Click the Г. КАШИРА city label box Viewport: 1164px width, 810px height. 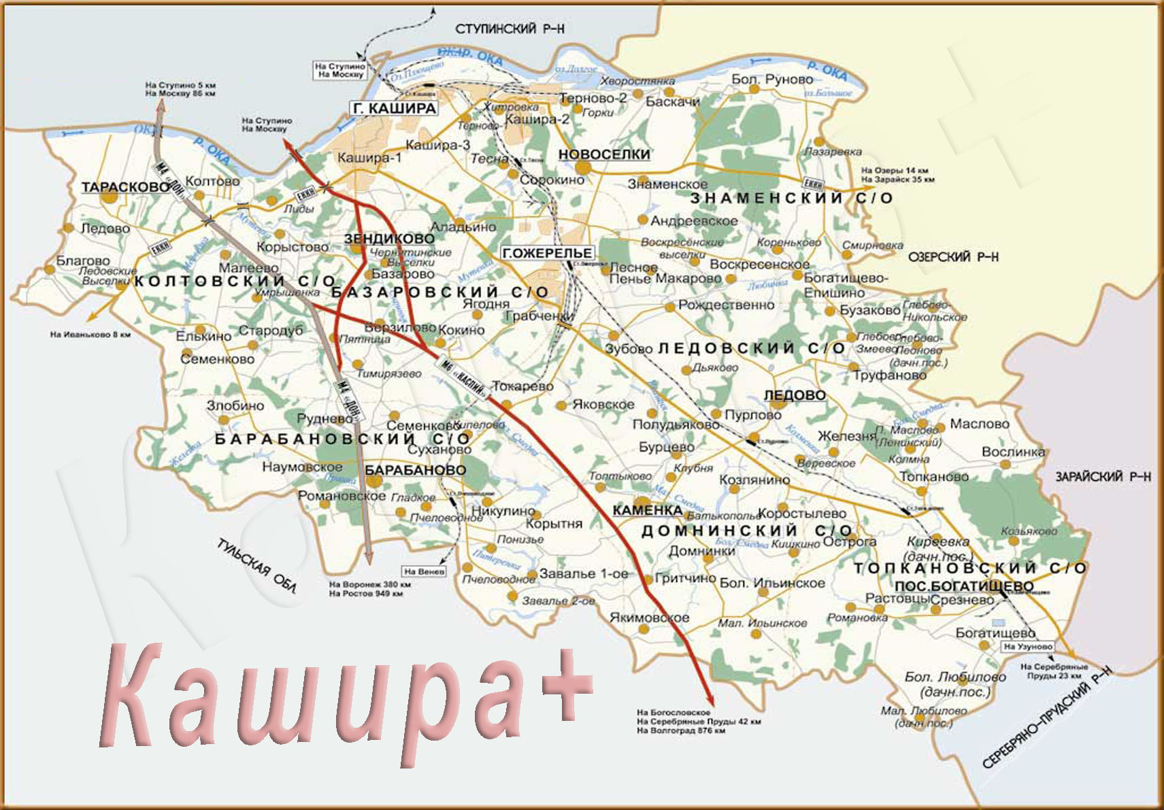tap(395, 108)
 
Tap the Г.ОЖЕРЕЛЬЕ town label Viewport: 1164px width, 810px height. tap(547, 253)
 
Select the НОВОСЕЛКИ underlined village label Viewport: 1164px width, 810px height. tap(604, 154)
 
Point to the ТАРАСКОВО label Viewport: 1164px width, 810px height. tap(125, 187)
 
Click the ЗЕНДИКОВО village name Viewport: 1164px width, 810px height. tap(389, 239)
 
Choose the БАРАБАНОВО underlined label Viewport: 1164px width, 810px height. tap(415, 470)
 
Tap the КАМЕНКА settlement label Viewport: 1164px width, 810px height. tap(647, 510)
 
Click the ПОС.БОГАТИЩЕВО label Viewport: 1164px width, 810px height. tap(963, 586)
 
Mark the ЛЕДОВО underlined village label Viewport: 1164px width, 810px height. tap(795, 395)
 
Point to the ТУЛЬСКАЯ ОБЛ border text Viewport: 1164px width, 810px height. tap(256, 567)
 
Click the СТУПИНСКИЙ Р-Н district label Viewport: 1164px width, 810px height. tap(510, 29)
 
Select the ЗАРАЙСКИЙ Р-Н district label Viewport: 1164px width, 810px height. tap(1103, 477)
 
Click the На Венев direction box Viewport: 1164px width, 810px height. tap(424, 571)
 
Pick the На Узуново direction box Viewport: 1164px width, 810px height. tap(1028, 647)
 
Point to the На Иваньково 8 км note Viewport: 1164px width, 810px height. tap(90, 335)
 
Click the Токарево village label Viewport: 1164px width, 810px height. tap(522, 386)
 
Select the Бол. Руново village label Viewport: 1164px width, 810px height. tap(772, 80)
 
